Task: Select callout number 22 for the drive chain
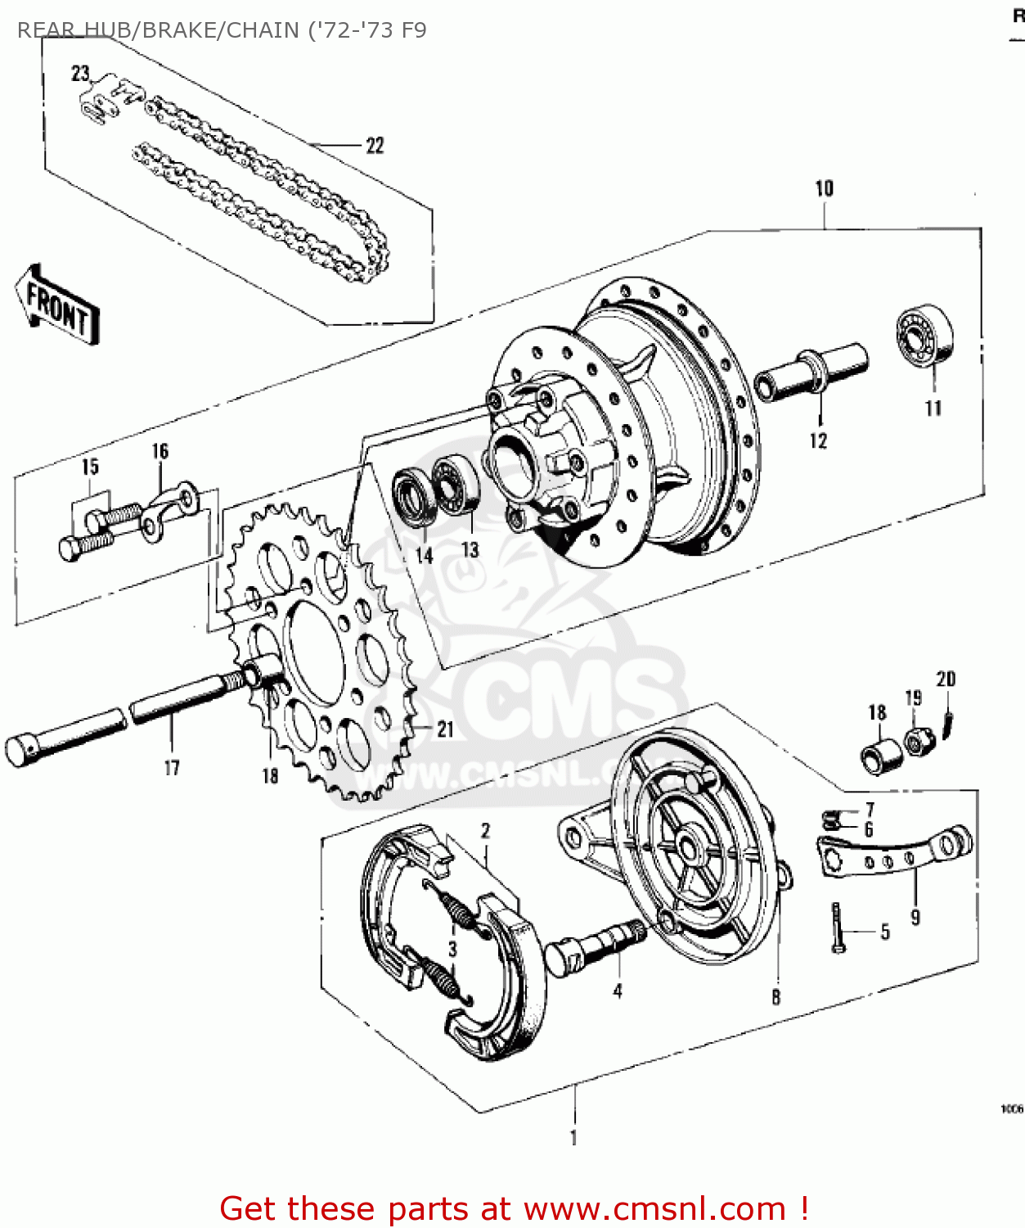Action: (375, 146)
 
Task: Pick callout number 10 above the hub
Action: (824, 189)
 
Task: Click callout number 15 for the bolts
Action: (90, 467)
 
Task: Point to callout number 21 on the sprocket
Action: (444, 729)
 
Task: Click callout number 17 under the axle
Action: (171, 768)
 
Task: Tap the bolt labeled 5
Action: (837, 928)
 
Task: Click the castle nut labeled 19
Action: (916, 742)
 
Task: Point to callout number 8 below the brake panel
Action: (775, 996)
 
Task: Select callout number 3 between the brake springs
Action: (452, 950)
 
